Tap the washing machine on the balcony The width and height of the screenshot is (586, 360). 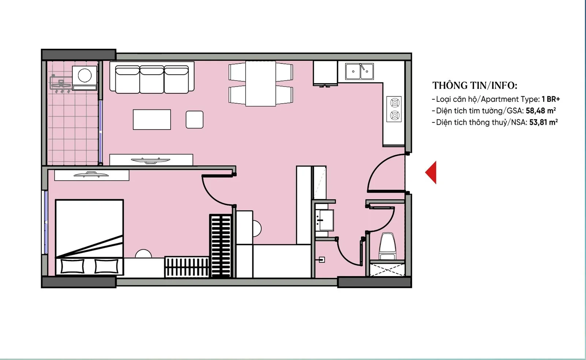click(x=85, y=78)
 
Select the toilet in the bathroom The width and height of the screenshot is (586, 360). click(x=387, y=246)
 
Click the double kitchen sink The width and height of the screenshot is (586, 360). click(x=359, y=71)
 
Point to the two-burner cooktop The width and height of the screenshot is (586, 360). click(x=394, y=109)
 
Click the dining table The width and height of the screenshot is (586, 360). click(x=260, y=83)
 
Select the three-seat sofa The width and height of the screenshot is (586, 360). click(x=152, y=77)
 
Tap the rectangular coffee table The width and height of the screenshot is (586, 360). click(x=152, y=119)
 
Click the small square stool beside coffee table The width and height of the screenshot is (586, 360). click(x=194, y=119)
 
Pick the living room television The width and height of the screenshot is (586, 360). click(x=151, y=160)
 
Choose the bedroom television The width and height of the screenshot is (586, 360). click(x=91, y=174)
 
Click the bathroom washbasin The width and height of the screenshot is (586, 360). click(x=324, y=220)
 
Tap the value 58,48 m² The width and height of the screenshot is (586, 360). click(x=541, y=111)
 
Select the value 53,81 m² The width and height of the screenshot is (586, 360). click(x=544, y=122)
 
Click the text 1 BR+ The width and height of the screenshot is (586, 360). click(x=551, y=99)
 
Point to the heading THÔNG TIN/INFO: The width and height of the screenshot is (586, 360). click(x=475, y=86)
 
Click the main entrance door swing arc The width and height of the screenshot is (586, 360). click(x=375, y=167)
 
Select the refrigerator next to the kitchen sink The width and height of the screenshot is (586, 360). click(x=325, y=73)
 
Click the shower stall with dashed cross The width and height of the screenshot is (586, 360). click(x=387, y=270)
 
